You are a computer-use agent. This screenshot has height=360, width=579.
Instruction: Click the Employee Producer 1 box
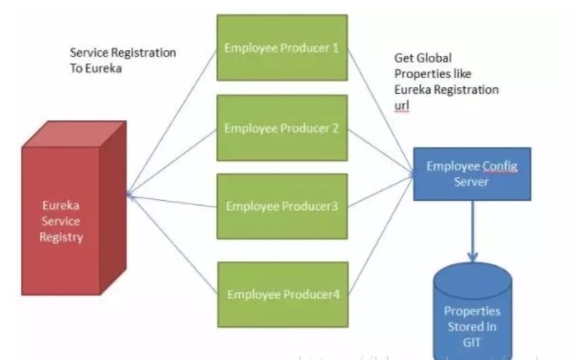point(282,48)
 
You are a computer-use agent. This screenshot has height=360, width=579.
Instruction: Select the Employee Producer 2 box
point(282,128)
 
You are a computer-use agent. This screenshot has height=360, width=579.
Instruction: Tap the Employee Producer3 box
point(282,206)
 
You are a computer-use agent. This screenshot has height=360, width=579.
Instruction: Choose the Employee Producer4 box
point(282,294)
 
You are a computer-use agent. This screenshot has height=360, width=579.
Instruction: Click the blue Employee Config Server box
point(472,174)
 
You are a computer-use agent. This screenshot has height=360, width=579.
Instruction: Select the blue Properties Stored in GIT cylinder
point(472,311)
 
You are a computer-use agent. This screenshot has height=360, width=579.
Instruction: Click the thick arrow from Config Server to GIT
point(472,230)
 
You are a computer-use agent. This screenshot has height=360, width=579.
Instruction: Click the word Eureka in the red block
point(61,206)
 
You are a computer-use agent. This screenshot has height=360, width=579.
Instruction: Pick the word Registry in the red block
point(61,236)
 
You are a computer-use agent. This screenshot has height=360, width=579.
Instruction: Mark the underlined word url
point(402,106)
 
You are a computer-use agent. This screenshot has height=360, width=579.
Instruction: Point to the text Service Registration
point(123,53)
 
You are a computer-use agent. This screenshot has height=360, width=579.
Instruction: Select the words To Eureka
point(96,69)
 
